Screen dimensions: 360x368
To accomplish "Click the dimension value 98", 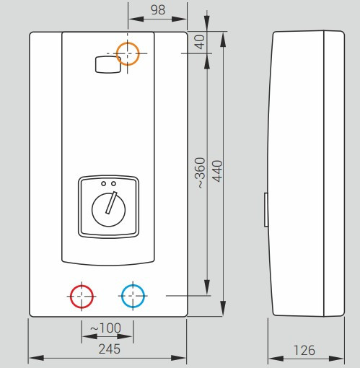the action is pos(158,10).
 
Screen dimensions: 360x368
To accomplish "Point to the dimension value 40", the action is pos(200,42).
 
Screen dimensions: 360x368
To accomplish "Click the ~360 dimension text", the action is pos(200,173).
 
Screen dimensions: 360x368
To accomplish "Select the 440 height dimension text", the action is pos(217,171).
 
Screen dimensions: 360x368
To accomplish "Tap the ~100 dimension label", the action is pos(106,328).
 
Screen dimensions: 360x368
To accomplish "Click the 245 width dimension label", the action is pos(110,349).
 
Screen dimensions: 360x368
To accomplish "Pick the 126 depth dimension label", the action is pos(304,350).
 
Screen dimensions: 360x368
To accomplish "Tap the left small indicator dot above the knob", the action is pos(103,183).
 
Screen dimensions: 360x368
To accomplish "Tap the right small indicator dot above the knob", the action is pos(114,183).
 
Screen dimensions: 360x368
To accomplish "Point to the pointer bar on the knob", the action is pos(111,203).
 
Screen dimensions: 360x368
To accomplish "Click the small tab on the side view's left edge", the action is pos(266,209).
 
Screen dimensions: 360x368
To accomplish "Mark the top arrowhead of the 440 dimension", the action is pos(223,40).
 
